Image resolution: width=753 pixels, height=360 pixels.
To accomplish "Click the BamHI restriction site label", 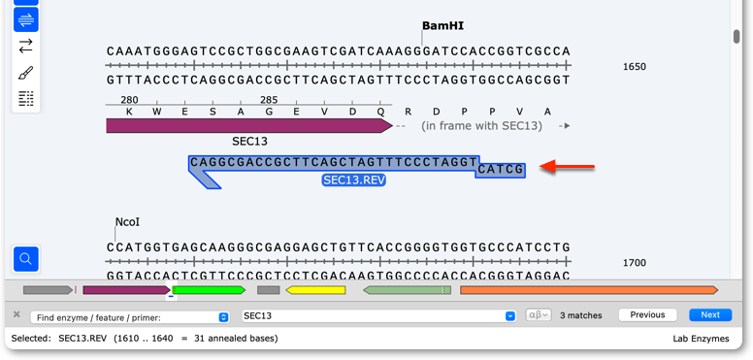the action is (442, 26).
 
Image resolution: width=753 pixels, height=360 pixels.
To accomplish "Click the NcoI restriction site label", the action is (127, 222).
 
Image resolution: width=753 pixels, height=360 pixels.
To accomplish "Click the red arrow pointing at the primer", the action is (567, 167).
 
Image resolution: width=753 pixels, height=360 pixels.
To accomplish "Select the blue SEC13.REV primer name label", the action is (354, 180).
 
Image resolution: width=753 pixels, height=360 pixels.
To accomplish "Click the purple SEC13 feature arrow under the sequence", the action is (249, 126).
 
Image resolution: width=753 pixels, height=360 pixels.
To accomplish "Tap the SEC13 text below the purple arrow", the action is (249, 142).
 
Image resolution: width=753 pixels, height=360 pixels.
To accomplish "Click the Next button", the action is (710, 315).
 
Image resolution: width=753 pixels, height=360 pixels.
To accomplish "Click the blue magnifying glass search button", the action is (26, 259).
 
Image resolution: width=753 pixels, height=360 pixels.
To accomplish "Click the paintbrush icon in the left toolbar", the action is (26, 73).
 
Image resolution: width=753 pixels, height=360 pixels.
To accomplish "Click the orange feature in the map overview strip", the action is (589, 290).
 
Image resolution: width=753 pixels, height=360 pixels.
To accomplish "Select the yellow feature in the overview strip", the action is (315, 290).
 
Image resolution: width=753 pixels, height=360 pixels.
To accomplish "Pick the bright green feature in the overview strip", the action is (209, 290).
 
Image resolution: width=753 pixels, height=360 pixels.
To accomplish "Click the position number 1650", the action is (635, 67).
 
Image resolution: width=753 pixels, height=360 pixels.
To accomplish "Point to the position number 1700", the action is (635, 263).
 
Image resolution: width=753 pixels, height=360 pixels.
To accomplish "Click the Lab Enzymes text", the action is (701, 339).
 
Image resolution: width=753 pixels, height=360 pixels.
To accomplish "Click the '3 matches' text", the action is (581, 315).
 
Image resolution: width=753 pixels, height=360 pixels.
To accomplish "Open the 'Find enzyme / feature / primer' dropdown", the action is (130, 317).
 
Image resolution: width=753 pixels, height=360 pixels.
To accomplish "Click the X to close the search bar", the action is (16, 314).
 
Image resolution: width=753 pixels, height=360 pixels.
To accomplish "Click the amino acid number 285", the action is (269, 100).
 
